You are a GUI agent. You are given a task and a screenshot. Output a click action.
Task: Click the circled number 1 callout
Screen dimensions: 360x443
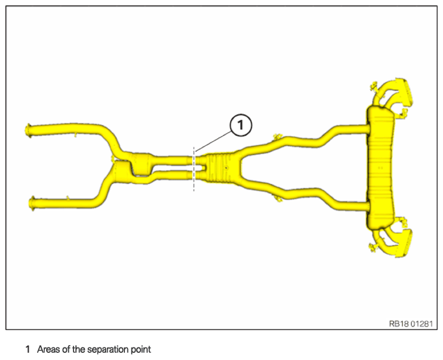point(240,126)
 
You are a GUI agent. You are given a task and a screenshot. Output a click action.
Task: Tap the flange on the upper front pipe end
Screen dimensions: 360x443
point(28,128)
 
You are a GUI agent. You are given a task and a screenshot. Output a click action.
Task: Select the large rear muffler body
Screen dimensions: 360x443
point(381,167)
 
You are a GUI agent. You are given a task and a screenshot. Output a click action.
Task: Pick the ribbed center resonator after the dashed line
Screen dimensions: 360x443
point(219,166)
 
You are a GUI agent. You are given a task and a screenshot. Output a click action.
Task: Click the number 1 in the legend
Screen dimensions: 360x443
point(28,349)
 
